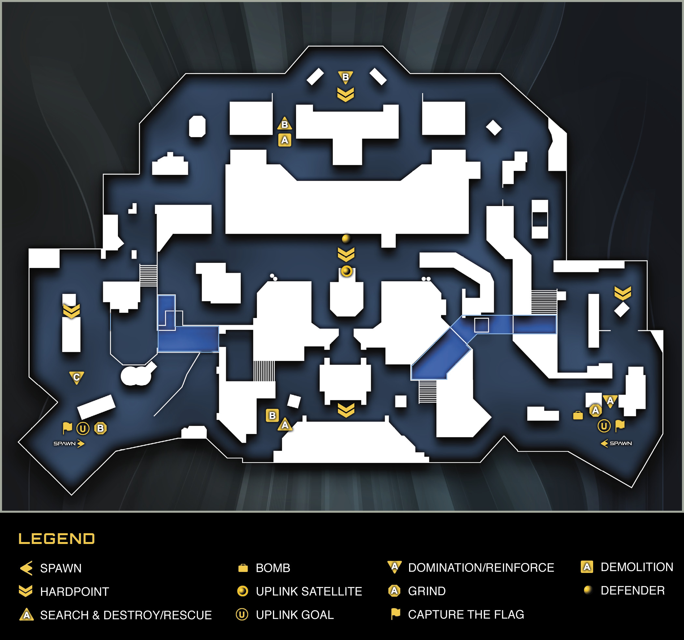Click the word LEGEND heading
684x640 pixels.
[x=56, y=539]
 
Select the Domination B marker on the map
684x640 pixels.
[x=346, y=77]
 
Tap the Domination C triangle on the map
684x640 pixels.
[x=77, y=378]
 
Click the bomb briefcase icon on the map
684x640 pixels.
[x=578, y=415]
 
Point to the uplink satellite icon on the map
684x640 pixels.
[x=347, y=271]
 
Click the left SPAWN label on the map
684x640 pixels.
[x=64, y=444]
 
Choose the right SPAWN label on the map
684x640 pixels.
[x=621, y=443]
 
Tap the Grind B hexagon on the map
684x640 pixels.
[x=100, y=428]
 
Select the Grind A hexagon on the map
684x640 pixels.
[x=596, y=410]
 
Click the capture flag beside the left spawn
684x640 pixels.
[x=67, y=428]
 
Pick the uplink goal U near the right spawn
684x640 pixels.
[x=604, y=426]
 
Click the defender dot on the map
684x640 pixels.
[x=346, y=238]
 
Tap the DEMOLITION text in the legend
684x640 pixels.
[x=637, y=567]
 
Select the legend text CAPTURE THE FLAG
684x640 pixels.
[x=466, y=614]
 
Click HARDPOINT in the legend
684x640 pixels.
[x=75, y=591]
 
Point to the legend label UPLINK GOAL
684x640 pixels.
[x=295, y=615]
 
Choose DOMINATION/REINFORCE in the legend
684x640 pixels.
[x=481, y=567]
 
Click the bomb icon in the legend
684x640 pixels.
[x=243, y=568]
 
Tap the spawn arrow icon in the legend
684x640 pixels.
[x=26, y=568]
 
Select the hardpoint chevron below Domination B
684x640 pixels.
[x=346, y=95]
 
